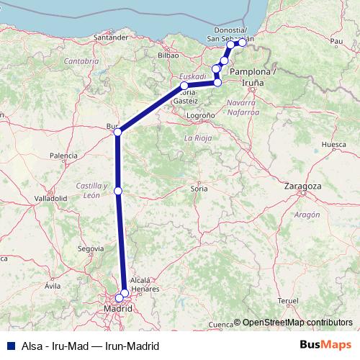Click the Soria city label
pos(198,188)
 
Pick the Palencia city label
pos(63,155)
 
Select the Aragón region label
pos(306,215)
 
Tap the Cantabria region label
pos(81,61)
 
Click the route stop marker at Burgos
pos(117,132)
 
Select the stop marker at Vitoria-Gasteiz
pos(184,86)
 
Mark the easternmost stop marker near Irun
pos(243,42)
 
